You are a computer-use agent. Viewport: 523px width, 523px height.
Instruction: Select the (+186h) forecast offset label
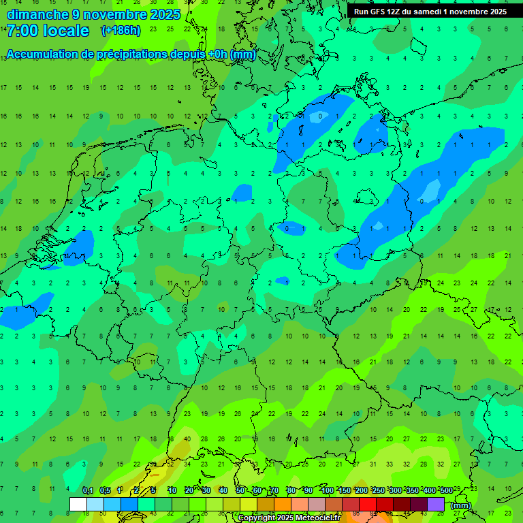[121, 31]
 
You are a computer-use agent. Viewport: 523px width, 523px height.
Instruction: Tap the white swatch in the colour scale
[78, 505]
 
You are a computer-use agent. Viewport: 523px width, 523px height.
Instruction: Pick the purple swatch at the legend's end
[436, 505]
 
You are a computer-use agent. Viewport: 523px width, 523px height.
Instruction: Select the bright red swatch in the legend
[368, 505]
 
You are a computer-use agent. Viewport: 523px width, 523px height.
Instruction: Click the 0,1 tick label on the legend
[87, 491]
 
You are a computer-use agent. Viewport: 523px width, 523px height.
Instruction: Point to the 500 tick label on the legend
[446, 491]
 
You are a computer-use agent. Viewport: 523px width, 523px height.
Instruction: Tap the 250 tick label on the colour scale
[378, 491]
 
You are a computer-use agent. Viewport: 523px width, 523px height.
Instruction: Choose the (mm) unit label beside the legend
[461, 505]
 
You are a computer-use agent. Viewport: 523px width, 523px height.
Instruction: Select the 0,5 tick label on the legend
[104, 491]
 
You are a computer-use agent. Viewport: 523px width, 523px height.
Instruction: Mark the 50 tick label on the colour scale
[240, 491]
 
